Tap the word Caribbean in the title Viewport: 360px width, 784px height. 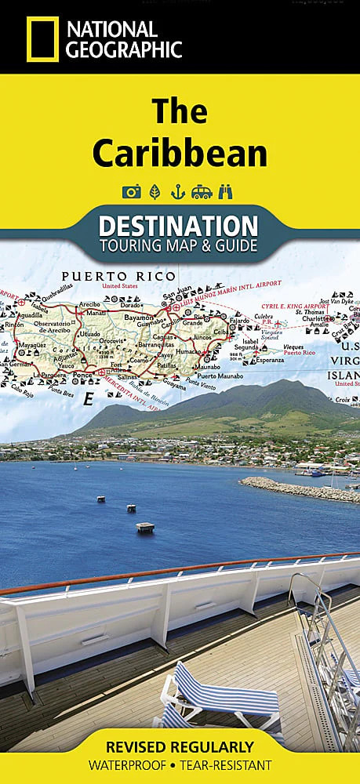click(180, 154)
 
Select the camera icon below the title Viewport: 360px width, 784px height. click(130, 191)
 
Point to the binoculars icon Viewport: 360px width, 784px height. click(227, 191)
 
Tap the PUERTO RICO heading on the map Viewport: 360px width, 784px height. click(101, 276)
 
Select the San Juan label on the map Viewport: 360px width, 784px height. click(177, 296)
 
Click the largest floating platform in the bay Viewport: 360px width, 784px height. click(145, 527)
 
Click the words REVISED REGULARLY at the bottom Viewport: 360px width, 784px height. click(180, 746)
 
